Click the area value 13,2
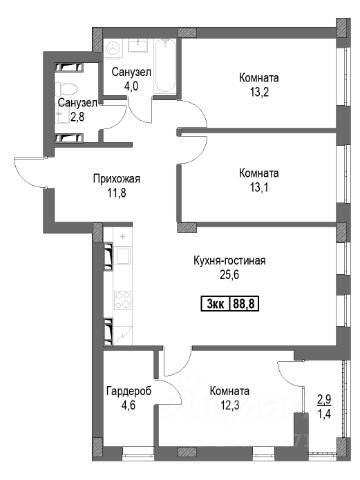tap(259, 92)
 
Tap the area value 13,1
tap(259, 188)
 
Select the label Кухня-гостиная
tap(229, 260)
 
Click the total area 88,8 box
tap(244, 304)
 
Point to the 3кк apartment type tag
tap(216, 304)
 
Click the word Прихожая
tap(117, 179)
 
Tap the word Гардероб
tap(129, 391)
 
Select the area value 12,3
tap(230, 405)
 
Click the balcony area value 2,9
tap(325, 400)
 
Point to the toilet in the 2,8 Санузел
tap(66, 89)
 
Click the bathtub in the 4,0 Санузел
tap(165, 66)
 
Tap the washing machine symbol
tap(114, 47)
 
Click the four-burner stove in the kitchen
tap(123, 300)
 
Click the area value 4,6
tap(129, 405)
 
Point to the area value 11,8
tap(117, 193)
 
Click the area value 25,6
tap(229, 275)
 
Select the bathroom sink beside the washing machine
tap(138, 46)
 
